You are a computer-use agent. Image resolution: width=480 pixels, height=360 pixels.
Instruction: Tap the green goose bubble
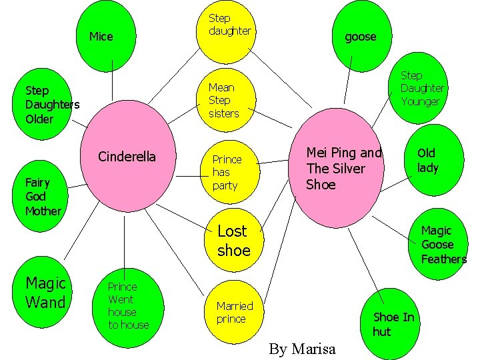pyautogui.click(x=360, y=35)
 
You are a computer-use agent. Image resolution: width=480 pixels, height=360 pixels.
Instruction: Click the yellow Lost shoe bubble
pyautogui.click(x=233, y=241)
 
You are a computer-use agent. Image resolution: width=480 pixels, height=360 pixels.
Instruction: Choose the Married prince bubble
pyautogui.click(x=235, y=312)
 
